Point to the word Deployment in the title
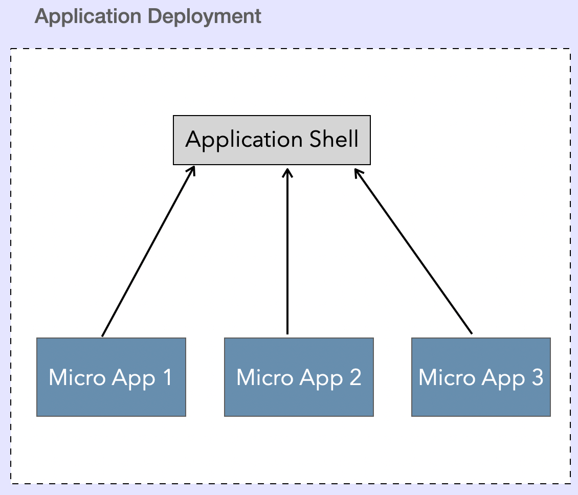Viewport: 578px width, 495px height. (205, 17)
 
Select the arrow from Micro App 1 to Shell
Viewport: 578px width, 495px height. (148, 252)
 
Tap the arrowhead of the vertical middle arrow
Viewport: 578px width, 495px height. (287, 171)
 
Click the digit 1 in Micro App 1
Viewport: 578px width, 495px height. (167, 378)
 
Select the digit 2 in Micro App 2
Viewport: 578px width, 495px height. (355, 378)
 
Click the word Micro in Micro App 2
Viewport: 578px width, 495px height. (264, 378)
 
